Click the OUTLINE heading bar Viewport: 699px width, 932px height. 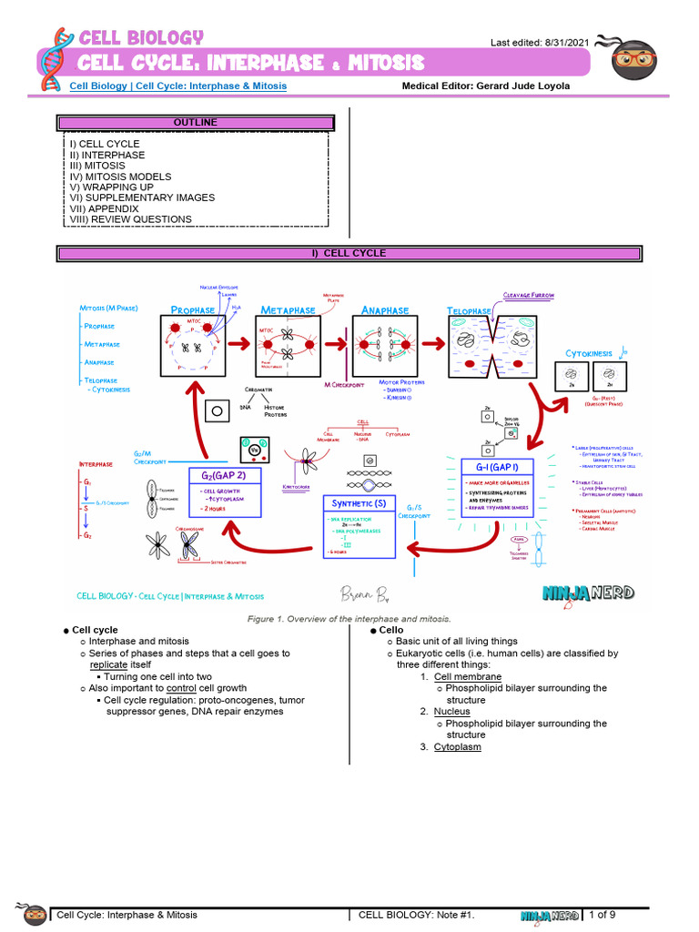pos(196,123)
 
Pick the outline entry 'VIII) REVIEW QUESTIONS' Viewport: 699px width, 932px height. pos(130,219)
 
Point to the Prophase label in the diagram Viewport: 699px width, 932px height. pos(193,310)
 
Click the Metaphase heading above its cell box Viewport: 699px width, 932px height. pos(288,310)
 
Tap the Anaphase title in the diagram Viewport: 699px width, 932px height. pos(385,310)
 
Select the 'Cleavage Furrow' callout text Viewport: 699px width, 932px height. pos(529,296)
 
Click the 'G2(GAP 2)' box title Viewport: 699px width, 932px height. pos(224,475)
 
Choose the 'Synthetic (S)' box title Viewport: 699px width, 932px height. pos(359,502)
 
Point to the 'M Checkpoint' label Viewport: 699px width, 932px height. pos(344,385)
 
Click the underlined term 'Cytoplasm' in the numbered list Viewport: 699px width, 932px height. pos(457,747)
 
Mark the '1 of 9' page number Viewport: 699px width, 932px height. pos(603,914)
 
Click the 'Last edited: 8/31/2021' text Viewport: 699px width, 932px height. pos(540,43)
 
